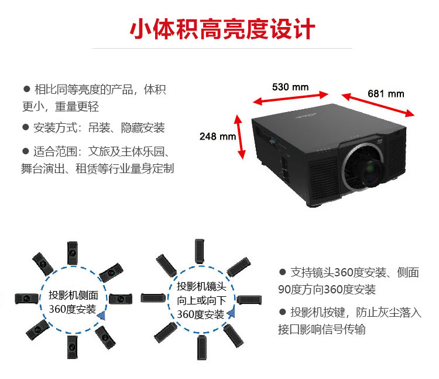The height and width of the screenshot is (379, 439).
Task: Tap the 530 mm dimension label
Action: [x=290, y=87]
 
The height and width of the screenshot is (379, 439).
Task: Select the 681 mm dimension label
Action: [x=386, y=93]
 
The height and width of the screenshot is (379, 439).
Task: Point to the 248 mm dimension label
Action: [x=217, y=137]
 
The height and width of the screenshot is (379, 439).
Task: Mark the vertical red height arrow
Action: [x=241, y=137]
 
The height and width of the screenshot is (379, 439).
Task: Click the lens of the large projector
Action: [x=363, y=167]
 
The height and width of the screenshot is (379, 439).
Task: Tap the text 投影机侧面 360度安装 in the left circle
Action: [x=73, y=302]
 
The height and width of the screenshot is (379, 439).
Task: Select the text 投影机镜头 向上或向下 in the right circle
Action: [x=201, y=293]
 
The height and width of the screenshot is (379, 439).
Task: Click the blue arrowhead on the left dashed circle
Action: [x=101, y=316]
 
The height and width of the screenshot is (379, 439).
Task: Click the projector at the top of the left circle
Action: [x=73, y=253]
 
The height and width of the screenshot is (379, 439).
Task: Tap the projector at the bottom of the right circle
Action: [x=203, y=347]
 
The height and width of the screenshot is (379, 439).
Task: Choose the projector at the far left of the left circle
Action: [x=27, y=299]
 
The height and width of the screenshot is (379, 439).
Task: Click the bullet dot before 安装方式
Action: [x=26, y=127]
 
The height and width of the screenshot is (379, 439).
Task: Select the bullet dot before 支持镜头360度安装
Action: [x=283, y=272]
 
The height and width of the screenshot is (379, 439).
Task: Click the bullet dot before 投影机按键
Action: [x=283, y=312]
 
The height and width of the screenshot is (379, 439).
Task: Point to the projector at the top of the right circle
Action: [x=200, y=251]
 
